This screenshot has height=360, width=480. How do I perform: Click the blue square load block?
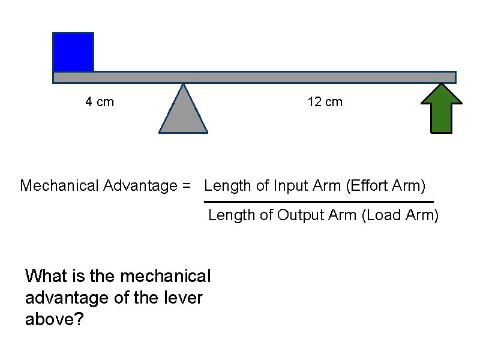[x=73, y=52]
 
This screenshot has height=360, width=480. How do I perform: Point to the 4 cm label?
[x=100, y=102]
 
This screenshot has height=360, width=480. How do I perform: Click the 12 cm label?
[x=325, y=102]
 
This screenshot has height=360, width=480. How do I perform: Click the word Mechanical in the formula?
[x=59, y=186]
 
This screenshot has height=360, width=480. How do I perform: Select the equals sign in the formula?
[x=187, y=186]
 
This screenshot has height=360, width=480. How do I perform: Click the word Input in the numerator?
[x=291, y=186]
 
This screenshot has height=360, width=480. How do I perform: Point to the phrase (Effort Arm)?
[x=386, y=186]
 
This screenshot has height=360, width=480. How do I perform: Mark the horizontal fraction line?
[x=319, y=201]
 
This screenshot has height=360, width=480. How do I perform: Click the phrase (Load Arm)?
[x=400, y=215]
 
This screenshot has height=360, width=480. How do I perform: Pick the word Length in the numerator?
[x=227, y=186]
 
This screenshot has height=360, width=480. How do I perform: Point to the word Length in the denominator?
[x=232, y=215]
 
